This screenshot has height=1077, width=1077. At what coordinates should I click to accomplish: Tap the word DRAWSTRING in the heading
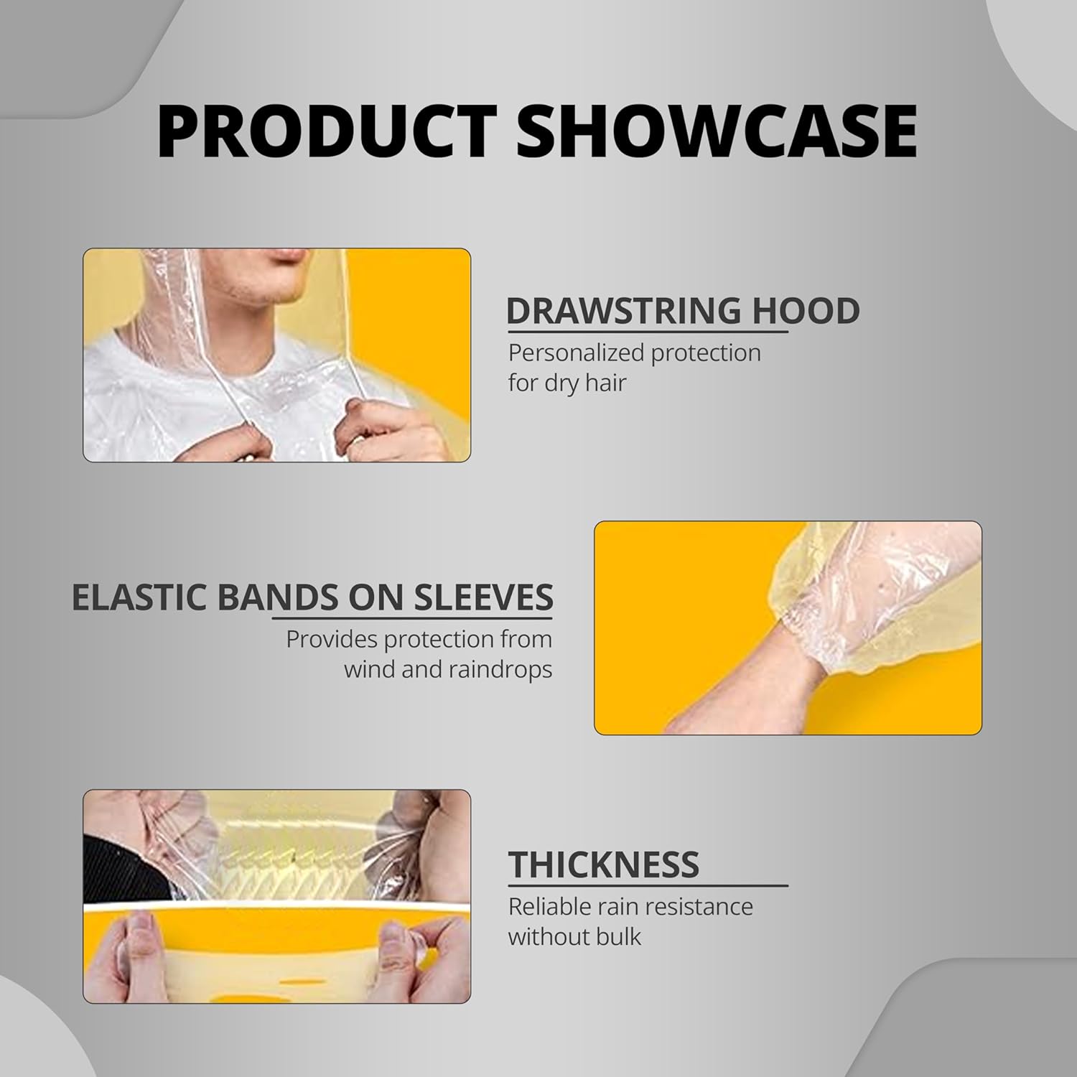(623, 311)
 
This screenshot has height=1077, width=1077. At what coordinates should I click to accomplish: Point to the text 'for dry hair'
(567, 383)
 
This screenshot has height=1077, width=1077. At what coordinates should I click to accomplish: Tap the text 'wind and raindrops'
(448, 670)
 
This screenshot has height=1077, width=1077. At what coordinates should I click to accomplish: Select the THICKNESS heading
(604, 864)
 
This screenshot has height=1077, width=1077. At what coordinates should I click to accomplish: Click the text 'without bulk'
(574, 937)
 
